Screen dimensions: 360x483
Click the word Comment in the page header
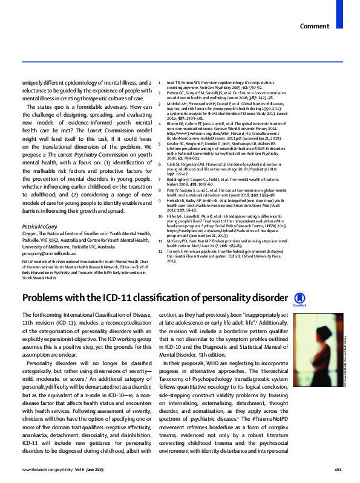(x=314, y=27)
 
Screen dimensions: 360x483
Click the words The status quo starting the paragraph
(x=42, y=108)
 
